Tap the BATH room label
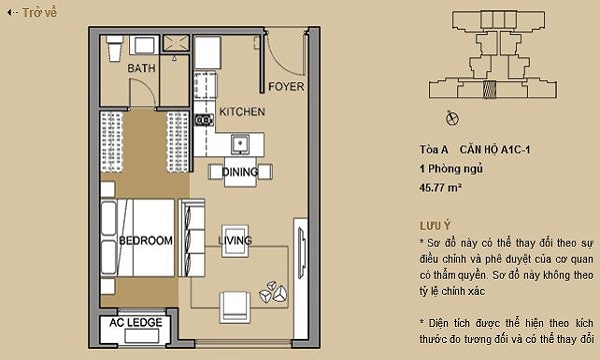pos(142,68)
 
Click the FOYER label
pos(286,86)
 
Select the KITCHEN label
pos(242,112)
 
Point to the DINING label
pos(240,172)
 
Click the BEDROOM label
pos(146,241)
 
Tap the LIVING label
pos(235,240)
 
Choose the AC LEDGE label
pos(136,323)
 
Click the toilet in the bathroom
pos(114,48)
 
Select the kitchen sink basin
pos(240,144)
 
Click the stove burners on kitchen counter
pos(204,120)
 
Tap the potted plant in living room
pos(274,292)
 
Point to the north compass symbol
pos(452,118)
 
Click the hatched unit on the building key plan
pos(489,90)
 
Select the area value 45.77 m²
pos(440,187)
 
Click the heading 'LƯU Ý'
pos(435,226)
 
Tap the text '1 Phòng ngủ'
pos(451,168)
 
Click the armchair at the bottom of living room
pos(235,307)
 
